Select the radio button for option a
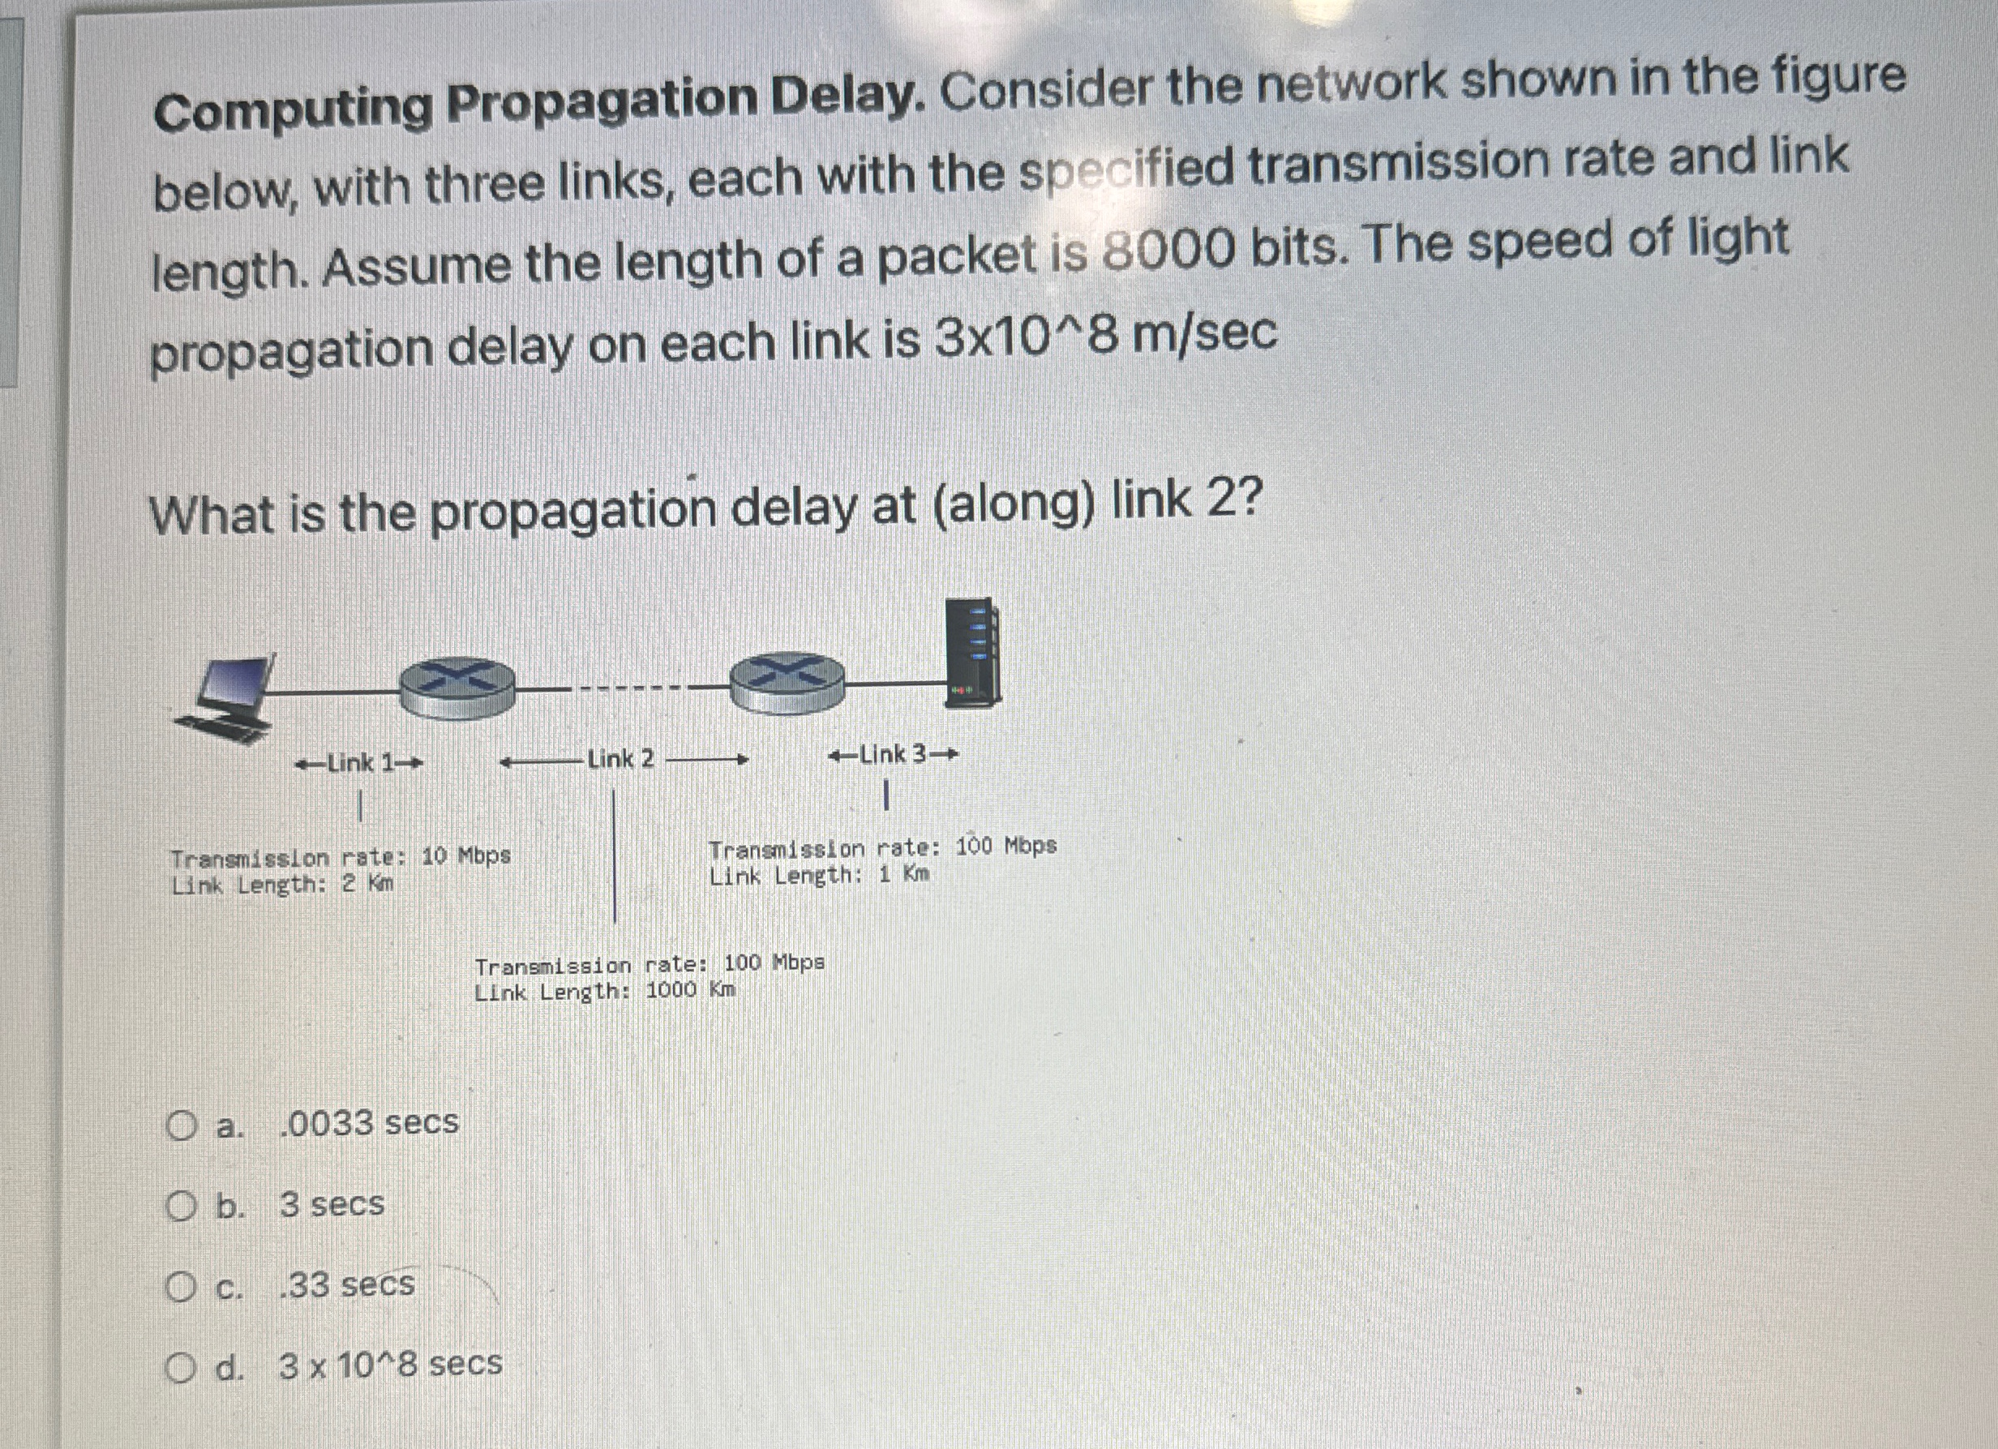click(182, 1125)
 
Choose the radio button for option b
click(181, 1206)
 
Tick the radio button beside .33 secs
click(181, 1287)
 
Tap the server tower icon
click(971, 652)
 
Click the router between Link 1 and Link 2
click(457, 687)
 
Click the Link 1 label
click(360, 763)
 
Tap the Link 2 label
click(621, 759)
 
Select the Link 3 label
click(893, 755)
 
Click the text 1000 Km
click(690, 990)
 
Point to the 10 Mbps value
click(465, 855)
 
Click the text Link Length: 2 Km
click(283, 885)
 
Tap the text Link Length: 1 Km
click(819, 876)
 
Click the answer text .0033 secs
click(369, 1123)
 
